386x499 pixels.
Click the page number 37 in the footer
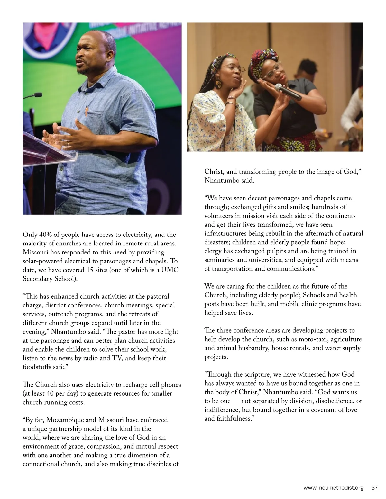[x=374, y=488]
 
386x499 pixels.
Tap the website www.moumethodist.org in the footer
[x=333, y=488]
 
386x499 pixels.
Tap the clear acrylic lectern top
[x=51, y=151]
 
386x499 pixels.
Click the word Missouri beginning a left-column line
[x=36, y=252]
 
